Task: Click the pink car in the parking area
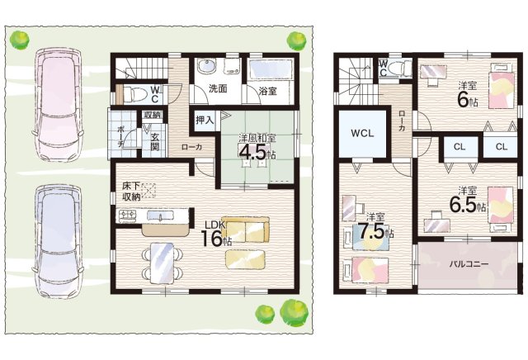(58, 105)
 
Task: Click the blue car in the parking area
(58, 241)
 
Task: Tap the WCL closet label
(362, 133)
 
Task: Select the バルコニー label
(469, 264)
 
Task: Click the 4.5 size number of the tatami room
(252, 153)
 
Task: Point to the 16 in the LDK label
(211, 238)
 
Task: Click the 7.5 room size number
(371, 231)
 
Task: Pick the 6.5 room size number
(463, 204)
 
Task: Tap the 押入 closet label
(205, 120)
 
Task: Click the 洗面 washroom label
(218, 88)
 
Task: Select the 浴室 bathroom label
(268, 91)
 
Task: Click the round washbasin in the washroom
(206, 66)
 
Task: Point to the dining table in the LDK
(162, 263)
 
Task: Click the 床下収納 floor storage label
(131, 192)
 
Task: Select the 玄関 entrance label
(154, 142)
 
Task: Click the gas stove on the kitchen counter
(126, 215)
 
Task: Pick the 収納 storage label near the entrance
(151, 116)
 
